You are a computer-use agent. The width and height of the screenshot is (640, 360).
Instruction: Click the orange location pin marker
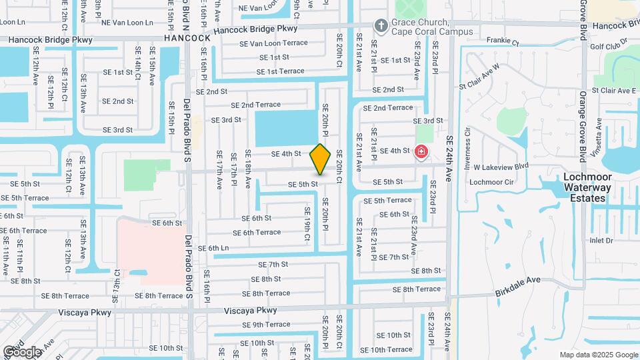coord(320,159)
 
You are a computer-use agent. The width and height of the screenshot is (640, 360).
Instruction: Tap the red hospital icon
coord(421,153)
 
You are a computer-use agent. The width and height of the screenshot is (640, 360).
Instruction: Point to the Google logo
coord(22,351)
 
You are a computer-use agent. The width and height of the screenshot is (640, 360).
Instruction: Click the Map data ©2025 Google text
coord(598,355)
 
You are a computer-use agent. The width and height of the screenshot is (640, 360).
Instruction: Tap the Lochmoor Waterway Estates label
coord(587,187)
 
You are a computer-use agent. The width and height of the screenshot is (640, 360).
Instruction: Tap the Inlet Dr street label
coord(601,240)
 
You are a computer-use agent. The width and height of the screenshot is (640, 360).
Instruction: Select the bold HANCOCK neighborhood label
coord(187,38)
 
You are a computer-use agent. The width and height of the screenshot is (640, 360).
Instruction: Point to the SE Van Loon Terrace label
coord(274,43)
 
